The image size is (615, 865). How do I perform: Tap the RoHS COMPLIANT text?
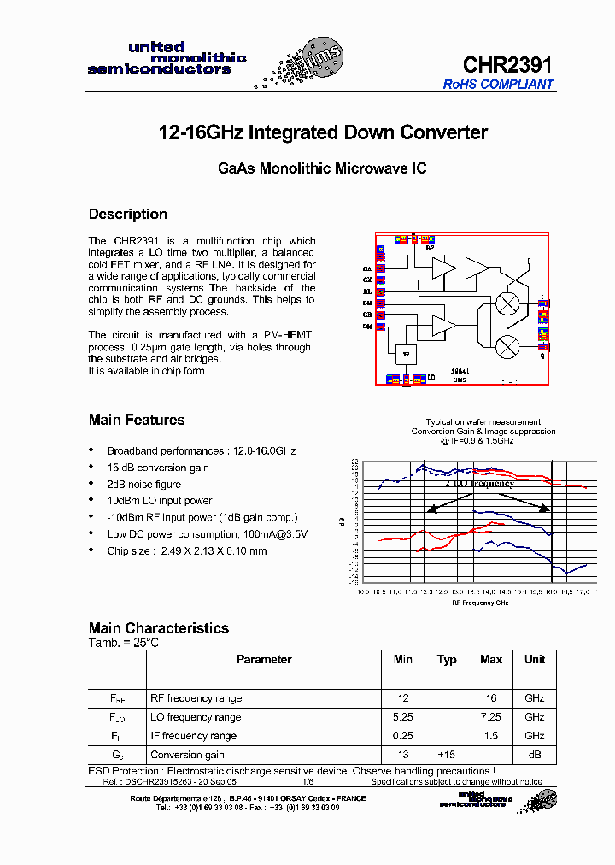pyautogui.click(x=498, y=85)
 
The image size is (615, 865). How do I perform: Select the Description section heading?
pyautogui.click(x=128, y=214)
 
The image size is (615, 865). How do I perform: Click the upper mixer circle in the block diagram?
pyautogui.click(x=509, y=303)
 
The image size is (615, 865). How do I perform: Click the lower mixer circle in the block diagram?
pyautogui.click(x=509, y=344)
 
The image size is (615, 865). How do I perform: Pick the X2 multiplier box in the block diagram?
pyautogui.click(x=406, y=353)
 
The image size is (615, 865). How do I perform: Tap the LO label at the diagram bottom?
pyautogui.click(x=431, y=375)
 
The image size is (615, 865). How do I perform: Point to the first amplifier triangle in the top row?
pyautogui.click(x=444, y=268)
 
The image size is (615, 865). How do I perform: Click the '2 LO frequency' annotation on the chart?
pyautogui.click(x=479, y=483)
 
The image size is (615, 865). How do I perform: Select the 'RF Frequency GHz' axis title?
pyautogui.click(x=479, y=603)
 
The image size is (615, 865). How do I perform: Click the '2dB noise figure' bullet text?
pyautogui.click(x=143, y=485)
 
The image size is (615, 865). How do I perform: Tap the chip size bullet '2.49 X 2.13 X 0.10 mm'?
pyautogui.click(x=186, y=551)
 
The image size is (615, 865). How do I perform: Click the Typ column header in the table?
pyautogui.click(x=447, y=659)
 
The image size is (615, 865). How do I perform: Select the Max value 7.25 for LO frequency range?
pyautogui.click(x=491, y=717)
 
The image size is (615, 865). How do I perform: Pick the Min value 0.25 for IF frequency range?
pyautogui.click(x=403, y=736)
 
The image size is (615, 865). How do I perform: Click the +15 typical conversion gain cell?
pyautogui.click(x=447, y=755)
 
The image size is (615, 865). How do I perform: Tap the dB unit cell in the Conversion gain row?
pyautogui.click(x=535, y=755)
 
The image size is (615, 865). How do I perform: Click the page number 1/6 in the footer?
pyautogui.click(x=307, y=781)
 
